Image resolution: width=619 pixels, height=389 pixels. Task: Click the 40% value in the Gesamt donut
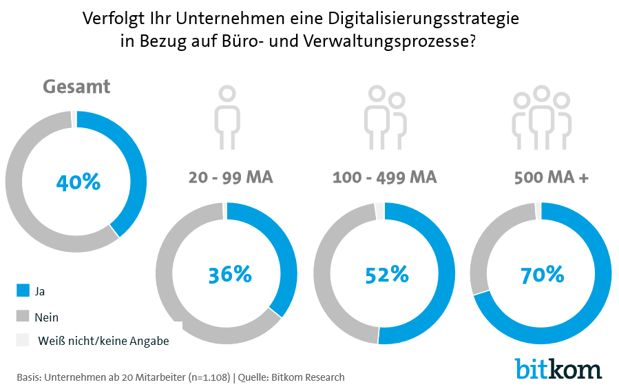[78, 182]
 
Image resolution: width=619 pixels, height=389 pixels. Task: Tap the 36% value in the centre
[230, 274]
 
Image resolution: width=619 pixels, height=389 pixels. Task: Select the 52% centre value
[387, 274]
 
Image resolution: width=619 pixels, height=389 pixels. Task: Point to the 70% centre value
[543, 274]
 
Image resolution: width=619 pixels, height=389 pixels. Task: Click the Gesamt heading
[76, 87]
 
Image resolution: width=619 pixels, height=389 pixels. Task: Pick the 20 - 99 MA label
[231, 178]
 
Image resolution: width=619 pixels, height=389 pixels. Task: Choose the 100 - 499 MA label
[384, 178]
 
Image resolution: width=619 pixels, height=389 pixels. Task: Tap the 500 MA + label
[551, 178]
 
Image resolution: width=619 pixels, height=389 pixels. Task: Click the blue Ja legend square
[23, 291]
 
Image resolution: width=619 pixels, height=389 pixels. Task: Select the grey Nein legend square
[23, 317]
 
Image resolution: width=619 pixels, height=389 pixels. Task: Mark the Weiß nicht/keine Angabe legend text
[103, 340]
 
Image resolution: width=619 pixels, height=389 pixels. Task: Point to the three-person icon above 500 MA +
[542, 117]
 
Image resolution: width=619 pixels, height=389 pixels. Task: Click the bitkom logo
[558, 368]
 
